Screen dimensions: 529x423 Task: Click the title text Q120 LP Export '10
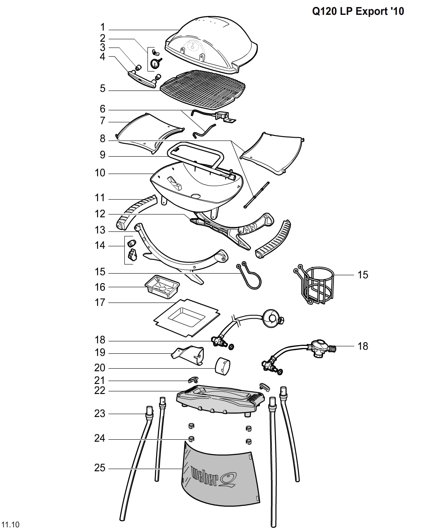[x=358, y=12]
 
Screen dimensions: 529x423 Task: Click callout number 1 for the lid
[x=102, y=28]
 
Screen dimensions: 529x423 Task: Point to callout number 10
[x=100, y=173]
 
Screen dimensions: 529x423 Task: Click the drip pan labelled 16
[x=162, y=286]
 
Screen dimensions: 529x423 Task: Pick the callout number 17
[x=100, y=303]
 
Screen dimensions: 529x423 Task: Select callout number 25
[x=100, y=468]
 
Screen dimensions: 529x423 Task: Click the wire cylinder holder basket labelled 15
[x=316, y=285]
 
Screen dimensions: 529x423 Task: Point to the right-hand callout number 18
[x=362, y=346]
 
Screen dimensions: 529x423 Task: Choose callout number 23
[x=100, y=413]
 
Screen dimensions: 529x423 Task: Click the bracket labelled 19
[x=188, y=355]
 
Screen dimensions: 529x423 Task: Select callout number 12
[x=100, y=214]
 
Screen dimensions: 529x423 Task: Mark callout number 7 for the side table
[x=102, y=121]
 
